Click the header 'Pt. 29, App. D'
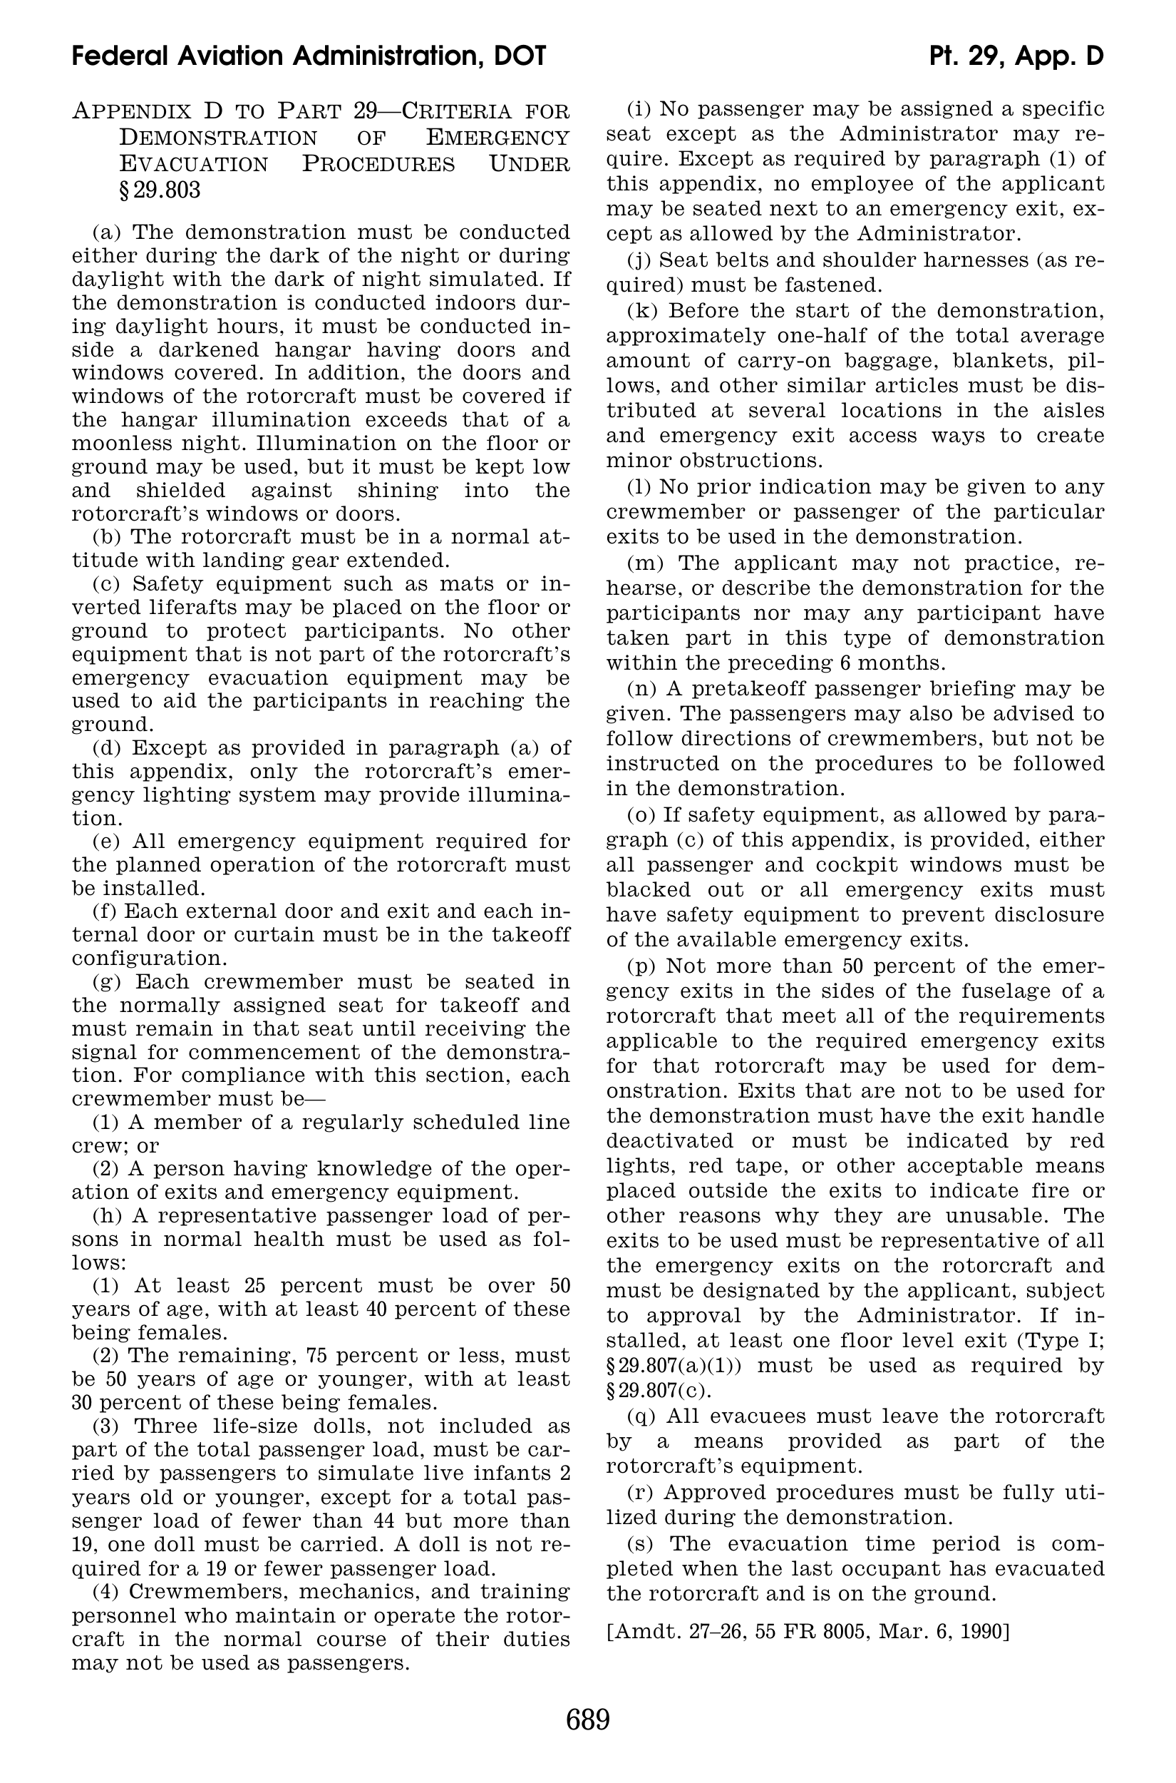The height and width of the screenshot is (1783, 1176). pyautogui.click(x=1016, y=56)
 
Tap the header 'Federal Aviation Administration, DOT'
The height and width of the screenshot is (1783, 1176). pyautogui.click(x=309, y=56)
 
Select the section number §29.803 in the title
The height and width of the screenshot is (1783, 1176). pyautogui.click(x=159, y=190)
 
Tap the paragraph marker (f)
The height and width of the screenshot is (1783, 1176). pyautogui.click(x=104, y=911)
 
